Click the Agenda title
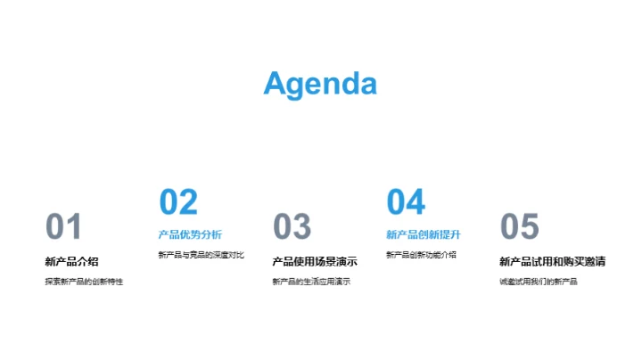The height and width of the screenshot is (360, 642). (320, 83)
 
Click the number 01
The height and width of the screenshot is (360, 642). (63, 227)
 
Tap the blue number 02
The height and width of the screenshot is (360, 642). (178, 202)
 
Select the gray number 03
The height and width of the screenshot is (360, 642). (292, 227)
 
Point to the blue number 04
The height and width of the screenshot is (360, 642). (406, 202)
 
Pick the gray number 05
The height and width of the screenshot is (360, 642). (520, 227)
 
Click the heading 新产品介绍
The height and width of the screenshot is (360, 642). (71, 261)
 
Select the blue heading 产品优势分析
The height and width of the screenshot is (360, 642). (190, 234)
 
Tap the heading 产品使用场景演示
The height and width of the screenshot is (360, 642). (315, 261)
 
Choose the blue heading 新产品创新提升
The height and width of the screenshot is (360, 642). (424, 234)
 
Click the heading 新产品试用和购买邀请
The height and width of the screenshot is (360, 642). (553, 261)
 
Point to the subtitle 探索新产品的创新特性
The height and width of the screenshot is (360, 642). (84, 282)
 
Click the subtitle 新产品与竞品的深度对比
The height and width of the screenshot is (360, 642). (201, 255)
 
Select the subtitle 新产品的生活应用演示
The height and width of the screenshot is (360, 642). (311, 282)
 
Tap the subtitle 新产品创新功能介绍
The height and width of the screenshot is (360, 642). (421, 255)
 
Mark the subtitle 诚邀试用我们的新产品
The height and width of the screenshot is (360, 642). (539, 282)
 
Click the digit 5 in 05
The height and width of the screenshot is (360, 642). (530, 227)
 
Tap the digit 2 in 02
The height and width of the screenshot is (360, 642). (188, 202)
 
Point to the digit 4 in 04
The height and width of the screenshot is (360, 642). (416, 202)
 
